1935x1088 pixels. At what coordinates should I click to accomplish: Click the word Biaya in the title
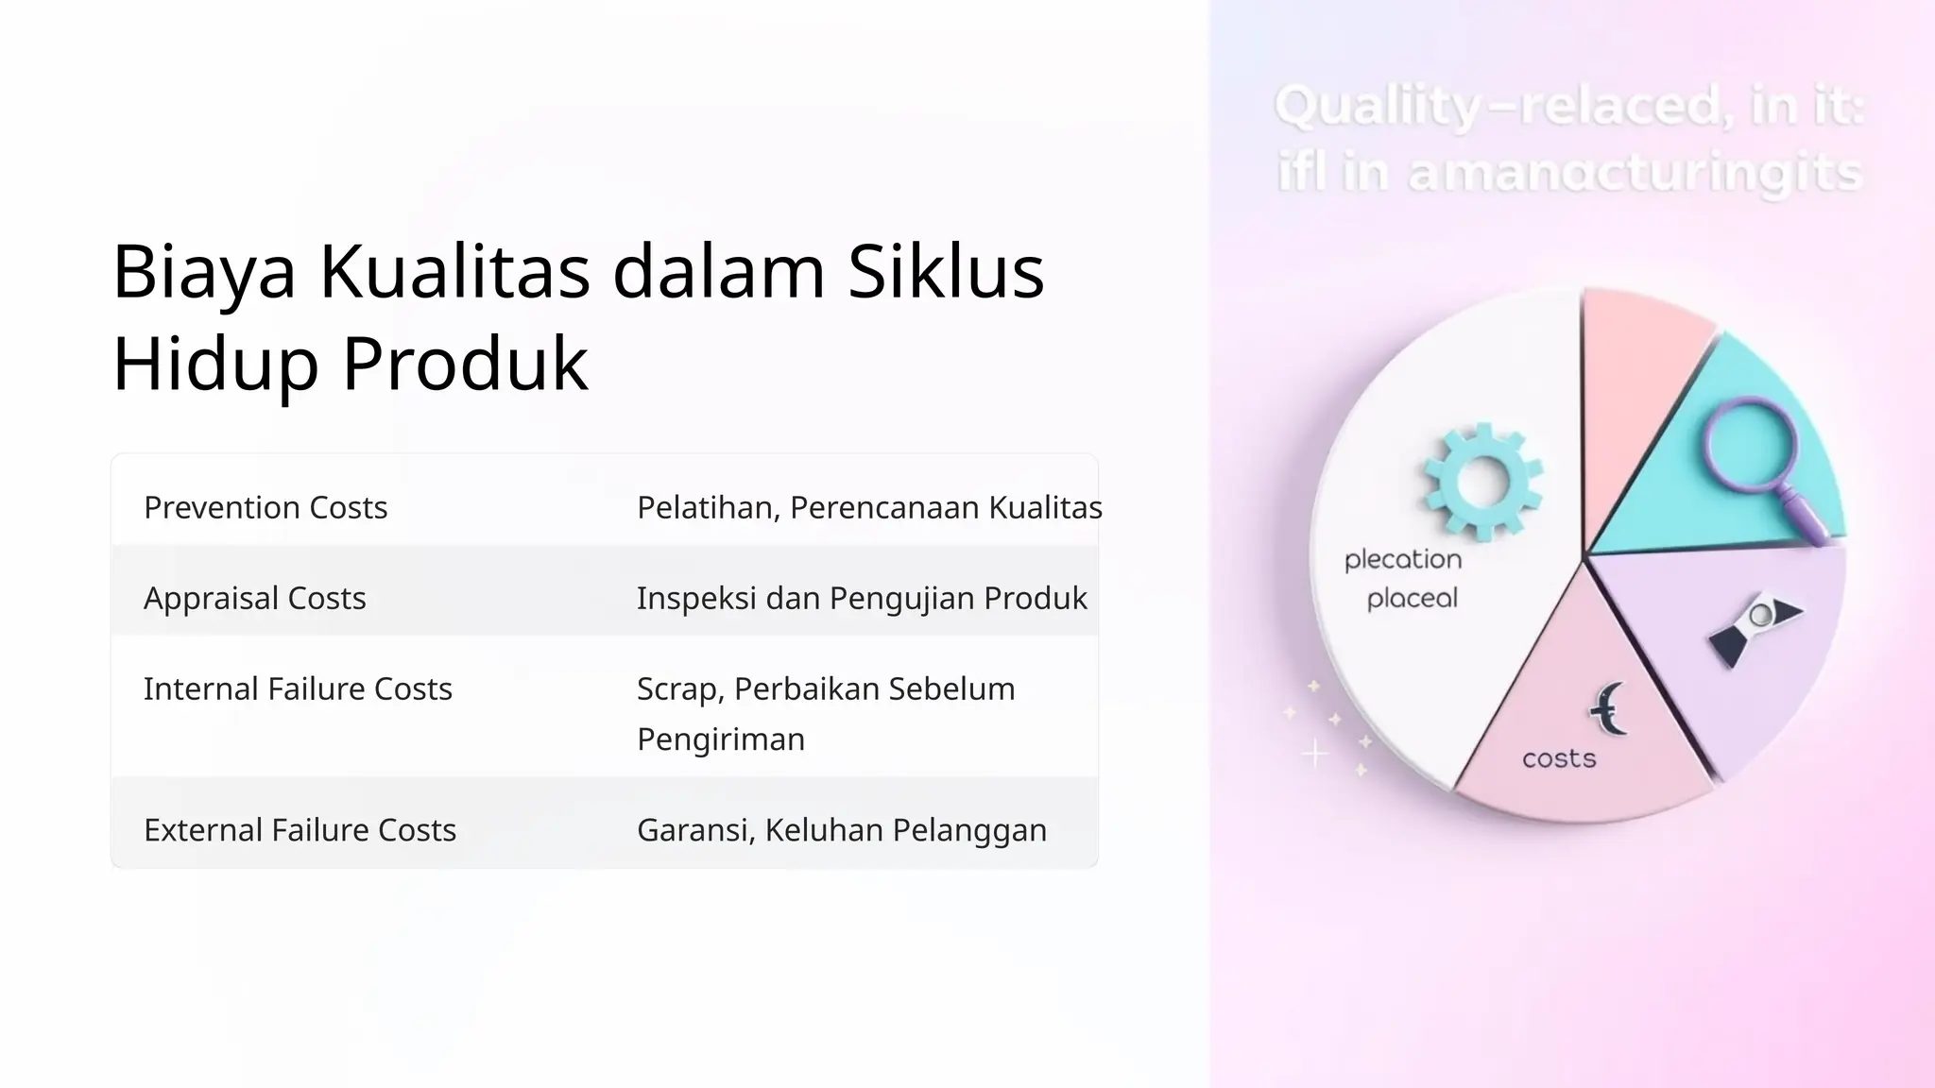(204, 272)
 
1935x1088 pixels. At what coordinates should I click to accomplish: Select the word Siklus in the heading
(945, 272)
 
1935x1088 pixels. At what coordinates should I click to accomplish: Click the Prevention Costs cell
(265, 508)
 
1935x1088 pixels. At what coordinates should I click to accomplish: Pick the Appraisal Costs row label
(255, 599)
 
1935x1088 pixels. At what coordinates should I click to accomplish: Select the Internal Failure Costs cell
(298, 689)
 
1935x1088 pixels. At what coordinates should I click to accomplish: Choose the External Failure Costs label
(300, 830)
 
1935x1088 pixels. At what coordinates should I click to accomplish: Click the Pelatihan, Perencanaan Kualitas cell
(869, 508)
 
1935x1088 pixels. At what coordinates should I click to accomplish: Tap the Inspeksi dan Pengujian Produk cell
(862, 599)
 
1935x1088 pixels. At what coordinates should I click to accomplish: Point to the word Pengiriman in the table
(721, 739)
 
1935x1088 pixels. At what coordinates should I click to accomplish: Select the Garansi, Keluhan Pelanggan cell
(842, 830)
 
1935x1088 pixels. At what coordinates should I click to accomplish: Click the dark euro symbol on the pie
(1607, 708)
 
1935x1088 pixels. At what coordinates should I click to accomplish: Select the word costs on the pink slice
(1559, 758)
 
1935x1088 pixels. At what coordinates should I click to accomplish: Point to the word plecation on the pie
(1403, 559)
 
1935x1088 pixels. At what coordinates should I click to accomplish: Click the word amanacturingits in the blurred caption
(1635, 174)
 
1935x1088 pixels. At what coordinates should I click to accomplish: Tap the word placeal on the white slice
(1413, 598)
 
